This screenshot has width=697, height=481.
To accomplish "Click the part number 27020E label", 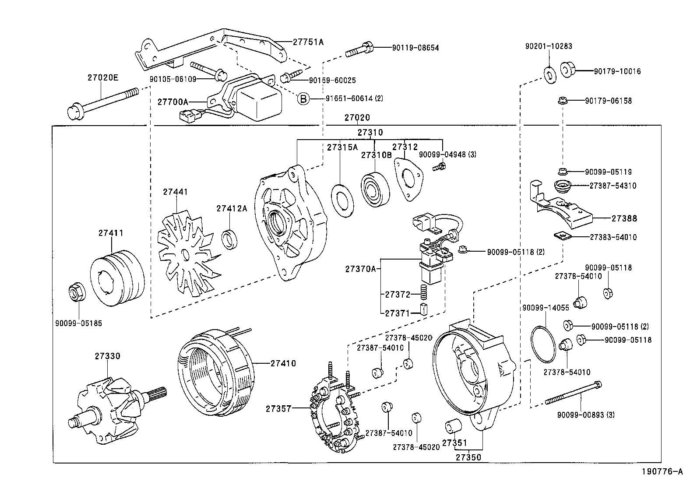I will click(102, 78).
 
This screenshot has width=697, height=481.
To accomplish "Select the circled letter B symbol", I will click(303, 99).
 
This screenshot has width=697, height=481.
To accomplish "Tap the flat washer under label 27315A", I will click(342, 201).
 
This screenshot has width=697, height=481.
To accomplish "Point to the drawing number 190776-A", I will click(662, 472).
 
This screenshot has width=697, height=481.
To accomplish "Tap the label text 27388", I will click(624, 218).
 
